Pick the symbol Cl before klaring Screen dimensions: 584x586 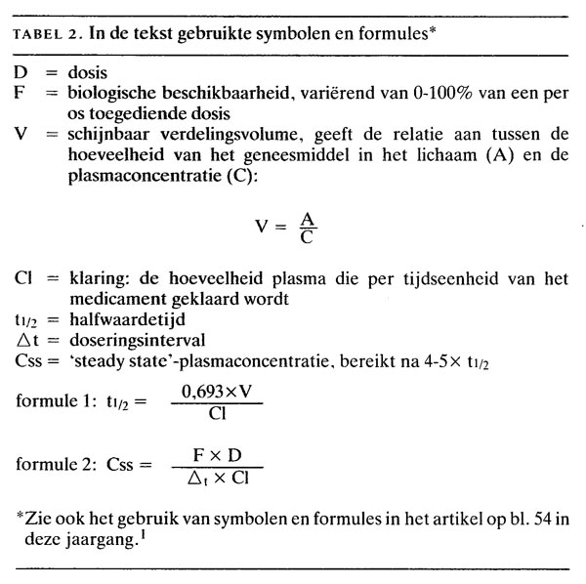(24, 278)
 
